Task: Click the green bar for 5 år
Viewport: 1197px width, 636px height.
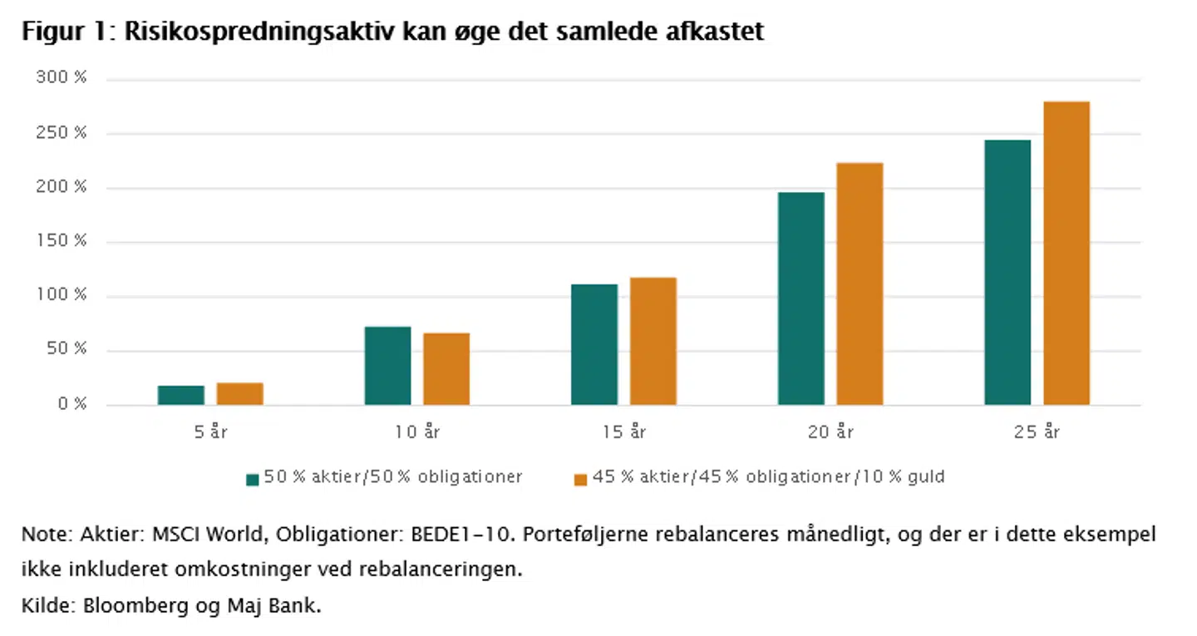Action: coord(180,395)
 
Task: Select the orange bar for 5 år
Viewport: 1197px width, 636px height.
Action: coord(239,394)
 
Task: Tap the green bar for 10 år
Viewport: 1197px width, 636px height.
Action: coord(387,366)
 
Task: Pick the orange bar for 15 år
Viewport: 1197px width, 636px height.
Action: coord(653,341)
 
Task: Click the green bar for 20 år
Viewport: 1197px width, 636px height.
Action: coord(801,298)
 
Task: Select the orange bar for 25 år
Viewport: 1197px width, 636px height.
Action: coord(1066,253)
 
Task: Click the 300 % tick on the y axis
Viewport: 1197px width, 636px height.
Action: coord(62,78)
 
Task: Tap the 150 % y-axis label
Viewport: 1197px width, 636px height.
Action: coord(62,241)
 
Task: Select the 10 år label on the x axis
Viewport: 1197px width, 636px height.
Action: coord(416,432)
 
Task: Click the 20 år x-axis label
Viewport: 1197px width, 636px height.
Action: coord(831,432)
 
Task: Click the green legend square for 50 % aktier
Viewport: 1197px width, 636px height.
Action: coord(253,479)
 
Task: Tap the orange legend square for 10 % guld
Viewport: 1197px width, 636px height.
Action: coord(580,479)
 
